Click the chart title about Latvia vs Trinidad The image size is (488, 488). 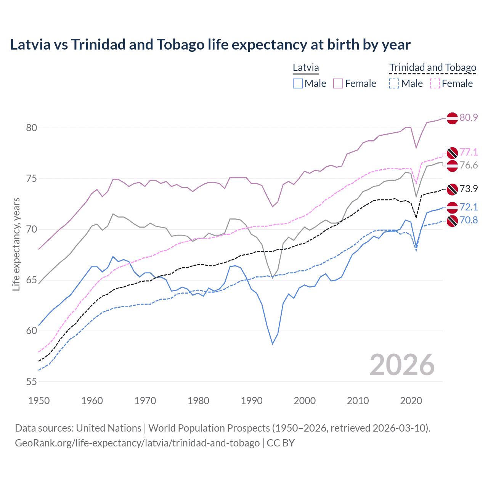[x=210, y=45]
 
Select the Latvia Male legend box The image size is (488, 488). [x=298, y=83]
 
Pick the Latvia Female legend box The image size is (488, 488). [x=338, y=83]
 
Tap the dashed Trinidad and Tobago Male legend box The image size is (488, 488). [x=394, y=83]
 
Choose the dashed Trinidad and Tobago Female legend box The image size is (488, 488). [x=435, y=83]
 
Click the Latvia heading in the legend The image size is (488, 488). [x=306, y=68]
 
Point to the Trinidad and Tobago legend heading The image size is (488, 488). [x=433, y=68]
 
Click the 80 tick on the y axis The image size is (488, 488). [x=32, y=128]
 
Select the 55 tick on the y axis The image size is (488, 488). [x=32, y=382]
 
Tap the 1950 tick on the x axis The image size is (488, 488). [x=39, y=401]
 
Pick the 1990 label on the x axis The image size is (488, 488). [x=252, y=401]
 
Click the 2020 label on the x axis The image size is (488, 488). [x=411, y=401]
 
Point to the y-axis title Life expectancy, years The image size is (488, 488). [x=16, y=244]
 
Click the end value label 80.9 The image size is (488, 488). [x=469, y=117]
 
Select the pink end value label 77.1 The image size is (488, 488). [x=469, y=152]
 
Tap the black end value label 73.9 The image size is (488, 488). [x=469, y=189]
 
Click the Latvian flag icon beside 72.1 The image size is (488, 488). [x=452, y=207]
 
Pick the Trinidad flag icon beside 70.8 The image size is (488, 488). [x=452, y=221]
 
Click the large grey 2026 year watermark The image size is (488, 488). [x=402, y=365]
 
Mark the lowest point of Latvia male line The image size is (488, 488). [x=273, y=344]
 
